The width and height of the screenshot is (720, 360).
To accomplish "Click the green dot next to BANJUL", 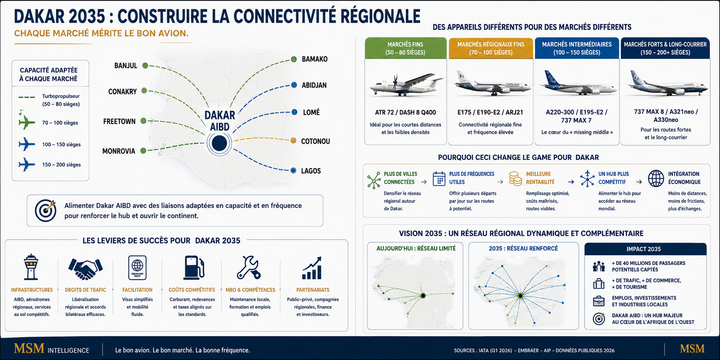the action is tap(145, 65).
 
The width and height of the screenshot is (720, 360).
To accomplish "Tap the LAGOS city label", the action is tap(311, 171).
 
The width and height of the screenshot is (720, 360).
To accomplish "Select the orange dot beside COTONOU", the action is tap(293, 140).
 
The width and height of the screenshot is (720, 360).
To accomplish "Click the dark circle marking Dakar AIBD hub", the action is tap(219, 143).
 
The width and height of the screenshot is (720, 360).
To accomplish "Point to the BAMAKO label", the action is tap(315, 59).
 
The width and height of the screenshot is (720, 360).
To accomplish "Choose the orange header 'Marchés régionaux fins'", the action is tap(491, 48).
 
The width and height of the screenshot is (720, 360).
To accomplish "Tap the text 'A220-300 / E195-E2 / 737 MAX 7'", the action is tap(577, 116).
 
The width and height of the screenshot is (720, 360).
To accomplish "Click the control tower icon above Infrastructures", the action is tap(31, 267).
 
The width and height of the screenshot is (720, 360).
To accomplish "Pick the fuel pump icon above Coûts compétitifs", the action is tap(194, 267).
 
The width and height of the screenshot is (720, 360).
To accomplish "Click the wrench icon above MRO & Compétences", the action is tap(249, 267).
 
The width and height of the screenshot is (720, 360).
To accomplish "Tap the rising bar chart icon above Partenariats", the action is tap(312, 268).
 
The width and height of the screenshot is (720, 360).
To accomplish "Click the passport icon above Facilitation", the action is tap(137, 267).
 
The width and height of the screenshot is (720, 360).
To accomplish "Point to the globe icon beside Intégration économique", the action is tap(656, 179).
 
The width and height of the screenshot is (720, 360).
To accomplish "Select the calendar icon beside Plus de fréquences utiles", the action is tap(439, 179).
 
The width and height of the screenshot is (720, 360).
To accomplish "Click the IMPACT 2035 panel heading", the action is tap(644, 249).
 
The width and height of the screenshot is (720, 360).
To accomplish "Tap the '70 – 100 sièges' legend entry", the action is tap(60, 123).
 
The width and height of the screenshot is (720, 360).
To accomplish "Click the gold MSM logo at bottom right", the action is tap(692, 349).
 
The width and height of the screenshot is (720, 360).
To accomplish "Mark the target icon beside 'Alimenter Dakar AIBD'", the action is tap(45, 210).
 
